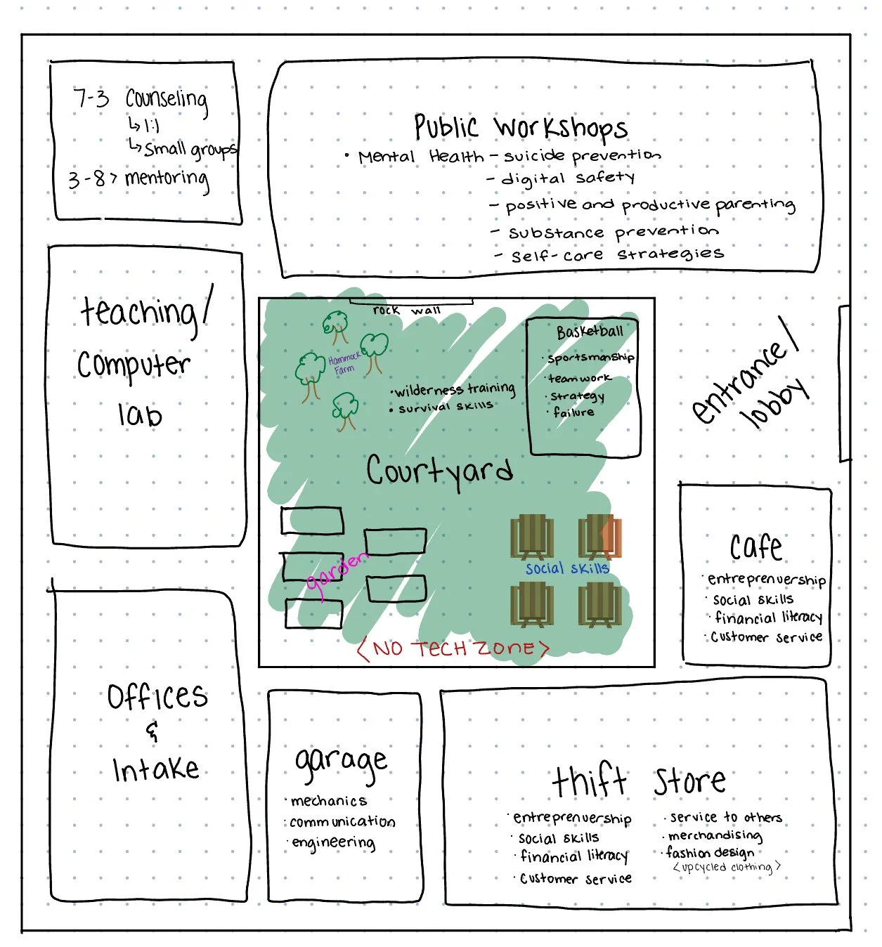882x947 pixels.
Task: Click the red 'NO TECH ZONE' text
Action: pos(453,648)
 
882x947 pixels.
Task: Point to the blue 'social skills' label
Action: pos(567,568)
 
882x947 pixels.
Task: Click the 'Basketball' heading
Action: pos(590,332)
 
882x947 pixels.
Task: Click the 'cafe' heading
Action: pos(755,546)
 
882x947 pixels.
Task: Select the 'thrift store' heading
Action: pos(638,781)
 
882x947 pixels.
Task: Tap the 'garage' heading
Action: pos(341,762)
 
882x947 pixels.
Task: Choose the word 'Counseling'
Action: pos(167,100)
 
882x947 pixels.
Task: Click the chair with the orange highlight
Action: pos(599,537)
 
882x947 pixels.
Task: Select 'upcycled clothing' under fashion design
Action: pos(727,868)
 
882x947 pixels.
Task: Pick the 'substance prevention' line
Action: pos(613,232)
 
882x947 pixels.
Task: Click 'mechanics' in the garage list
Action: pos(329,801)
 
